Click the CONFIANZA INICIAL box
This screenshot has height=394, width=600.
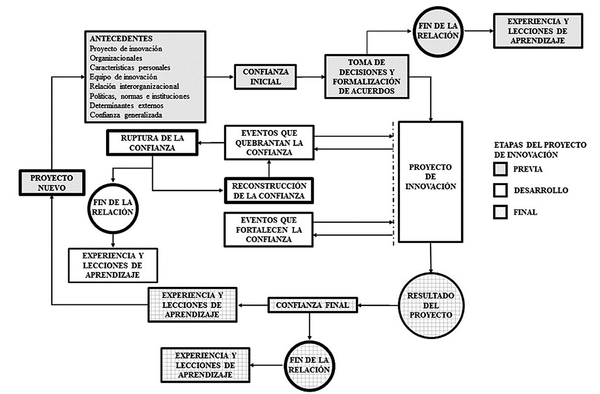pyautogui.click(x=265, y=77)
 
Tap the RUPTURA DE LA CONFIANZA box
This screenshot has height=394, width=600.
pyautogui.click(x=152, y=143)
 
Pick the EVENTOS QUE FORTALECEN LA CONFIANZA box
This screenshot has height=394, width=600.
pyautogui.click(x=268, y=229)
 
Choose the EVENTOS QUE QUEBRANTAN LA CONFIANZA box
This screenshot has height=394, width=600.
pyautogui.click(x=268, y=143)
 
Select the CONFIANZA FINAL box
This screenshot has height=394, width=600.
pyautogui.click(x=312, y=305)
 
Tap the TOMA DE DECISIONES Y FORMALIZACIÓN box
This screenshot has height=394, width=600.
pyautogui.click(x=367, y=77)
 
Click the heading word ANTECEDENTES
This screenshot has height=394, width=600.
pyautogui.click(x=121, y=39)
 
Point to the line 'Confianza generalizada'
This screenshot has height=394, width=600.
pyautogui.click(x=126, y=115)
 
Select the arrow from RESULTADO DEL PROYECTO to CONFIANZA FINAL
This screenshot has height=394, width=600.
pyautogui.click(x=377, y=305)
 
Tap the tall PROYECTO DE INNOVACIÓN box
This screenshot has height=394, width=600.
pyautogui.click(x=430, y=181)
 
